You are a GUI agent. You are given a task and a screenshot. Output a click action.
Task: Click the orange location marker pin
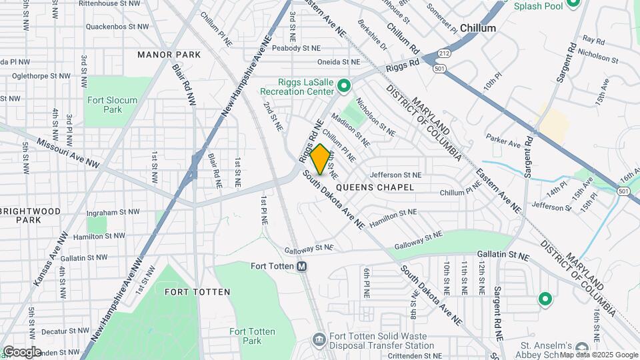tap(320, 159)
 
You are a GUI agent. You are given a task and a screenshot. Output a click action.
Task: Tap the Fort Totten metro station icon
tap(301, 267)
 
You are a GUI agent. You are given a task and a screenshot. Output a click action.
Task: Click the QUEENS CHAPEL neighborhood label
tap(375, 187)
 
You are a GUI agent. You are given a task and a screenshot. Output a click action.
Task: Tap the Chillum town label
tap(478, 28)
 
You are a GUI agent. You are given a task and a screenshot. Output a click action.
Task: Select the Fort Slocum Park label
tap(112, 105)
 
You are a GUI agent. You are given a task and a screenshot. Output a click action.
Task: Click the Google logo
tap(21, 352)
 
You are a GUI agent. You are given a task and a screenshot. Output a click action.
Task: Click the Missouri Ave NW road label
tap(68, 153)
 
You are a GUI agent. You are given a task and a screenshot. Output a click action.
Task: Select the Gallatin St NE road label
tap(503, 255)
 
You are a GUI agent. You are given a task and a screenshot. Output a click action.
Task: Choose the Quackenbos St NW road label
tap(117, 27)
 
